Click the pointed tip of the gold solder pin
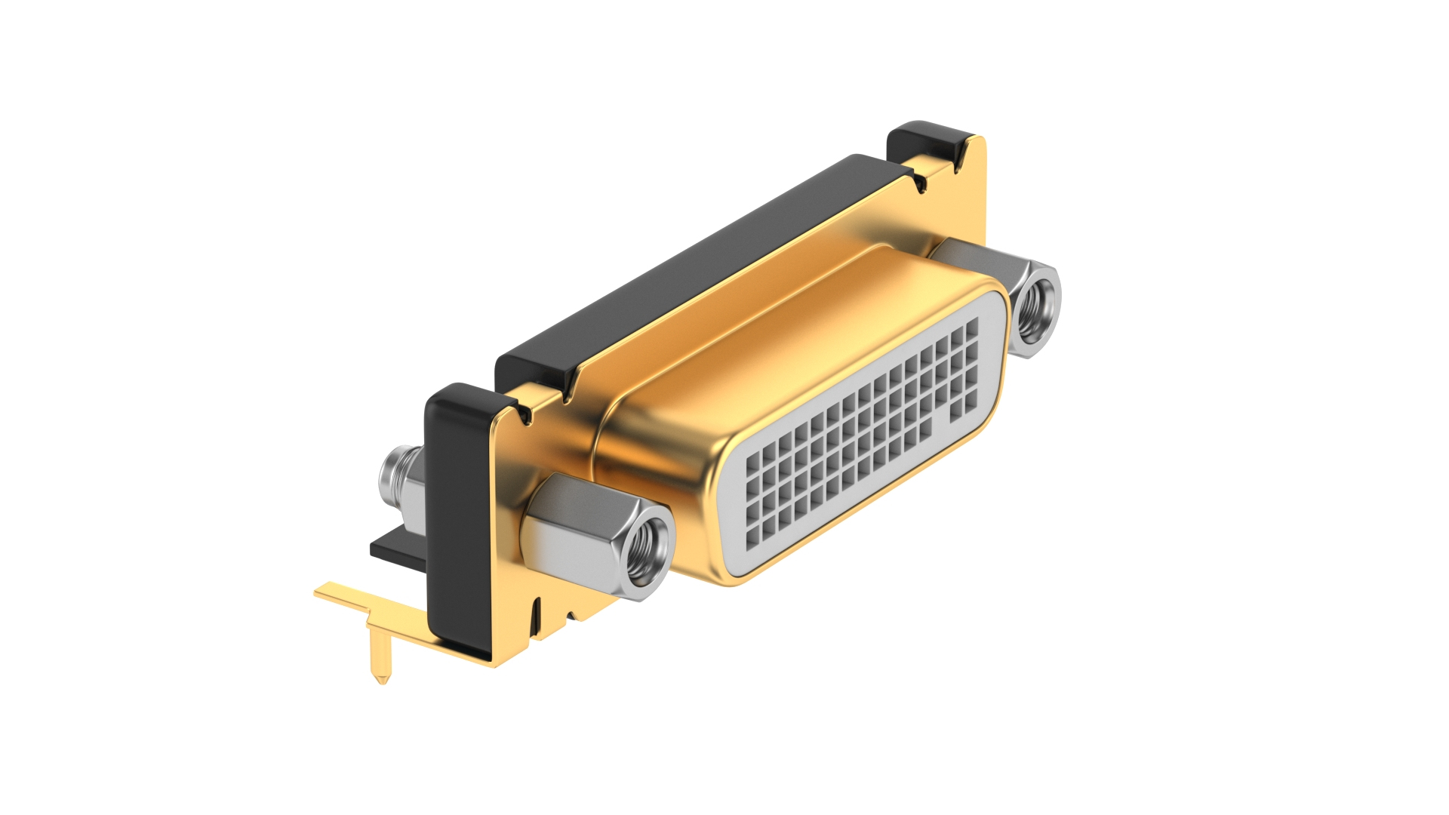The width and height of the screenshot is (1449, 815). coord(382,681)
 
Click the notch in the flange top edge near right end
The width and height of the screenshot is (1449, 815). coord(920,183)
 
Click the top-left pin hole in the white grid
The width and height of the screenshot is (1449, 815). coord(752,464)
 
